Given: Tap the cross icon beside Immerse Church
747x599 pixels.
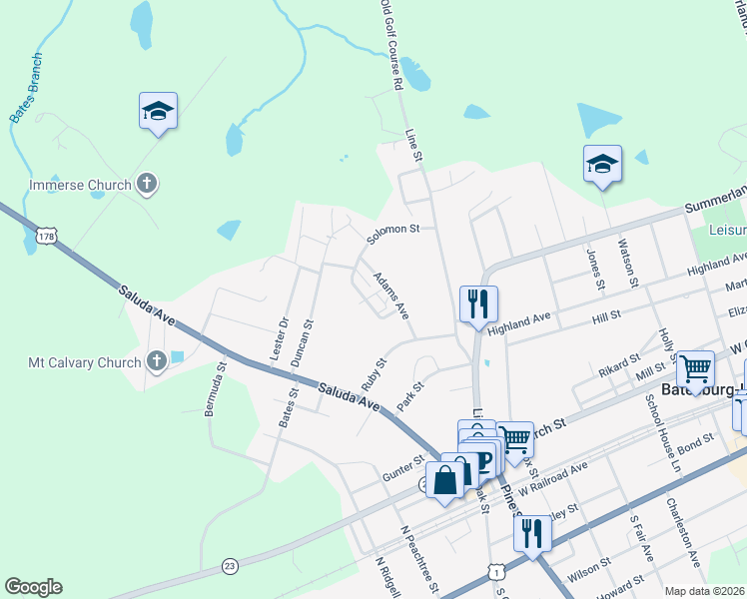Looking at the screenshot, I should coord(147,184).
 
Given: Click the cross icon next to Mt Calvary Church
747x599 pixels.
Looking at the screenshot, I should coord(156,360).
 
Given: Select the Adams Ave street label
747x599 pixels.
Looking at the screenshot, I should coord(390,296).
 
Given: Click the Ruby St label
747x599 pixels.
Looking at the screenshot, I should coord(373,374).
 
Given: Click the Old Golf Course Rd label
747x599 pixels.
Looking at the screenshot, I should coord(390,45).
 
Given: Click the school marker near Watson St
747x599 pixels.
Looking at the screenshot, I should coord(602,164).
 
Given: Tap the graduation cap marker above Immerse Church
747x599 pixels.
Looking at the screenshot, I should coord(158,110).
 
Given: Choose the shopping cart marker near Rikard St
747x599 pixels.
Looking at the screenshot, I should coord(695,368).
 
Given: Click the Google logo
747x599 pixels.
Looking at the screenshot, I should coord(33,587).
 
